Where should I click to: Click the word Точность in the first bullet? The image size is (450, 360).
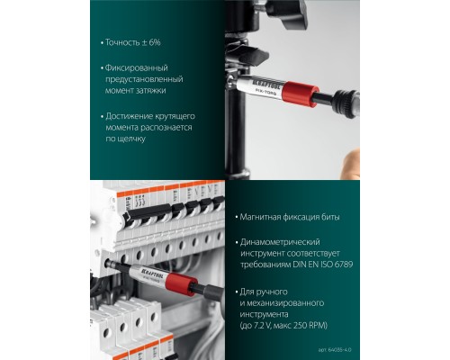point(123,43)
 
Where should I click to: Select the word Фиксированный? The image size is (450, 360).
point(137,67)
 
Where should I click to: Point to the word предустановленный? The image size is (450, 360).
point(140,79)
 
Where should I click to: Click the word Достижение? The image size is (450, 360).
point(131,116)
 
